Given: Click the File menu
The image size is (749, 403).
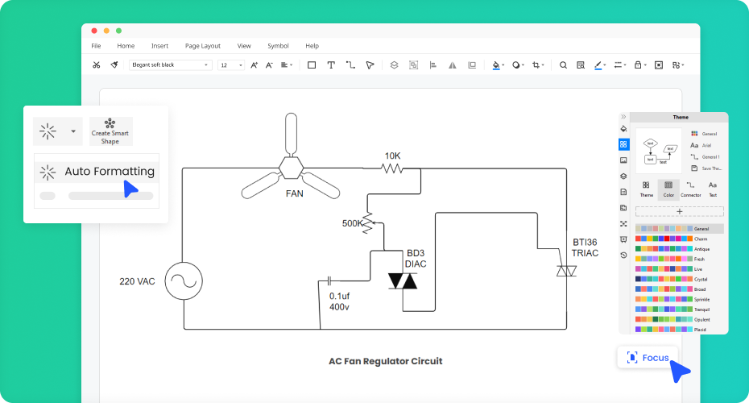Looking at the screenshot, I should tap(96, 46).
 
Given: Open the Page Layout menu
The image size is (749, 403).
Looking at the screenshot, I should tap(202, 46).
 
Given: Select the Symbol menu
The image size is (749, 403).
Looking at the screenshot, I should tap(278, 46).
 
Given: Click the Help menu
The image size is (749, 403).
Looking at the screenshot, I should tap(312, 46).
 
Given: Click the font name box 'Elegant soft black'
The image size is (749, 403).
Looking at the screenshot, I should tap(170, 64).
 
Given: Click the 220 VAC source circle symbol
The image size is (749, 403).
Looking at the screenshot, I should tap(183, 281).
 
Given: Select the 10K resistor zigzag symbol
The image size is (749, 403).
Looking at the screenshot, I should tap(392, 168).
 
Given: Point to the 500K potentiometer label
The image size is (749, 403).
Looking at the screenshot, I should tap(353, 223).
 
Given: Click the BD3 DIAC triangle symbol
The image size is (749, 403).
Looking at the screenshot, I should tap(403, 280).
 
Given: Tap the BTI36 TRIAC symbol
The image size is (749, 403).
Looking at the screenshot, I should tap(566, 272).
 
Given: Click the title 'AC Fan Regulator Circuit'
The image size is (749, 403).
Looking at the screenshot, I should tap(385, 361).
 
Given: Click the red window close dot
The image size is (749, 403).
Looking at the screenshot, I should tap(94, 30).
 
